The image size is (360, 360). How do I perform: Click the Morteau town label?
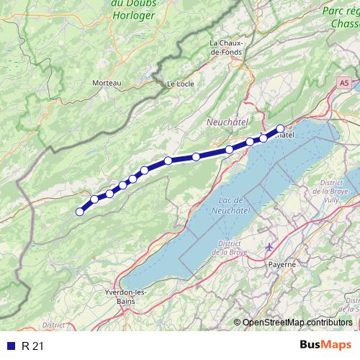click(107, 84)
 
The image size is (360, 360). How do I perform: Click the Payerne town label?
click(282, 264)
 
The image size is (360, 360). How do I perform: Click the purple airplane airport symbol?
click(270, 248)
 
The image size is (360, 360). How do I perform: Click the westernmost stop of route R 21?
click(80, 211)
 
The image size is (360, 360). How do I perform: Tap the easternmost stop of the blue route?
click(280, 129)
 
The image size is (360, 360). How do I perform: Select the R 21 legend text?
click(32, 346)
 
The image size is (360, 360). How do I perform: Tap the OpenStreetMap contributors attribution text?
click(297, 322)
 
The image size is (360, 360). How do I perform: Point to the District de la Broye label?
click(229, 248)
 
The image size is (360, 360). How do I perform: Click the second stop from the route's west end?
click(94, 199)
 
